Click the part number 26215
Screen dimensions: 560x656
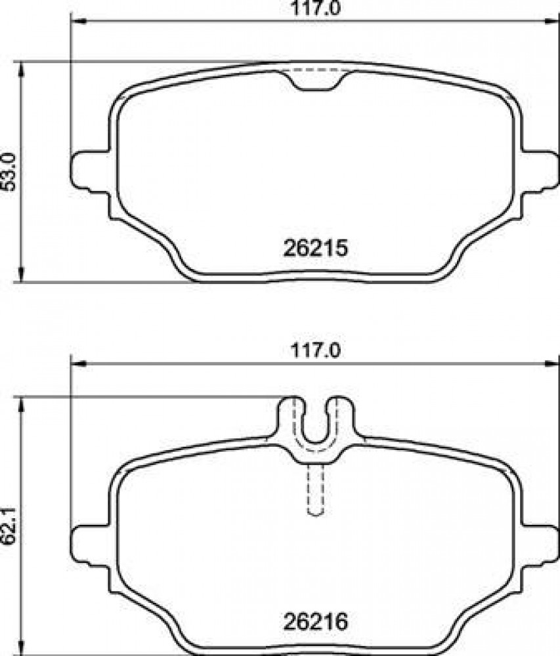click(x=316, y=248)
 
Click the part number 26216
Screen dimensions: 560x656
click(x=316, y=622)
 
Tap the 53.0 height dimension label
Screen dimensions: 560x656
click(x=9, y=171)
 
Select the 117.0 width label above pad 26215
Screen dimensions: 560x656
click(x=316, y=9)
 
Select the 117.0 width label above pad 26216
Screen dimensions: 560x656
click(x=316, y=350)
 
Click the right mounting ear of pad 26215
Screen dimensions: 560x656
click(x=540, y=171)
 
